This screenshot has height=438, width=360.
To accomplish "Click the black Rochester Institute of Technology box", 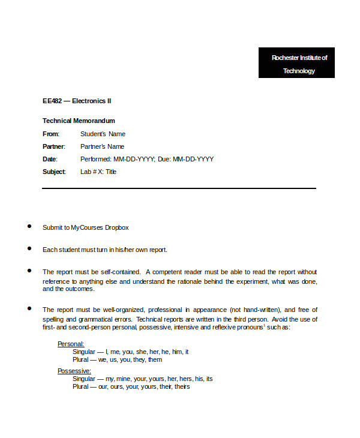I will (x=296, y=63).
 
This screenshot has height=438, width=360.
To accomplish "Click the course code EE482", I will (x=52, y=101).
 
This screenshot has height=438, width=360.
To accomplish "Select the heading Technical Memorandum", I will (x=79, y=121).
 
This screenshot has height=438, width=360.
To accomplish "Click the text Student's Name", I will (x=103, y=134).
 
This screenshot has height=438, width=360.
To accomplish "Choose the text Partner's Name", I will (x=102, y=146).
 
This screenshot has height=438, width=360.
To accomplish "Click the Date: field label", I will (x=50, y=159).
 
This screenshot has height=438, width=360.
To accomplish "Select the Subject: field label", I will (x=54, y=172).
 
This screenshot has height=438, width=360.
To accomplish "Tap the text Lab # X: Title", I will (x=98, y=172).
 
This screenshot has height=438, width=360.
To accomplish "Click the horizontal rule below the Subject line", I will (x=179, y=188).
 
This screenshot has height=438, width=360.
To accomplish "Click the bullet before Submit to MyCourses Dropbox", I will (x=29, y=226).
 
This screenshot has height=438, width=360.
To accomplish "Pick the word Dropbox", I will (x=117, y=227).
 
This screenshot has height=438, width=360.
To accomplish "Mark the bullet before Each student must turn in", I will (x=29, y=248).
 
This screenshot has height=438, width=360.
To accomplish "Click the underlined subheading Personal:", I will (x=71, y=344).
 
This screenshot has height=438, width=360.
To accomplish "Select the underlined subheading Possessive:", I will (x=74, y=371).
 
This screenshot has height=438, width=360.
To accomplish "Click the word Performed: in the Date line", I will (x=96, y=159).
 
